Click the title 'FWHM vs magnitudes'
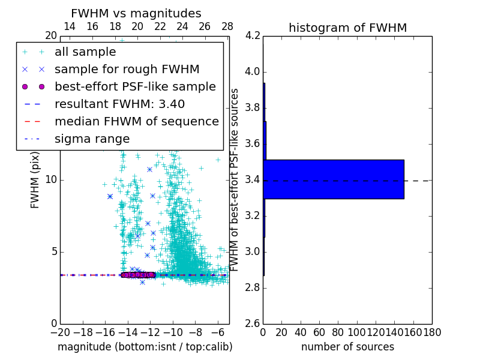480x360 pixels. (x=136, y=13)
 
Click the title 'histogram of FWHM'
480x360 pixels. (x=347, y=28)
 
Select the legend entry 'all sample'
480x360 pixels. (x=85, y=52)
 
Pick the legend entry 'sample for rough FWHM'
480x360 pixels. (x=127, y=69)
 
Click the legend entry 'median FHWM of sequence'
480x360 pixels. (x=136, y=121)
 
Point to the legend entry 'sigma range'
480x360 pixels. (x=92, y=139)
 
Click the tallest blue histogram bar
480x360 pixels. (x=334, y=179)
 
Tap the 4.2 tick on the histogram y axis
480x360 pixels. (x=253, y=36)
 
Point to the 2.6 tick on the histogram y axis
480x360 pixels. (x=253, y=323)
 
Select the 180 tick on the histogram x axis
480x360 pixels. (x=432, y=332)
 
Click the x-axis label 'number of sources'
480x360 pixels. (x=347, y=347)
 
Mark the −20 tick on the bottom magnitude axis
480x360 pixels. (x=60, y=332)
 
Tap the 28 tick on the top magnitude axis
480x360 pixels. (x=227, y=26)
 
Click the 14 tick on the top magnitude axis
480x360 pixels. (x=70, y=26)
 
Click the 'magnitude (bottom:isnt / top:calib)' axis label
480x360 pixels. (x=145, y=347)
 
